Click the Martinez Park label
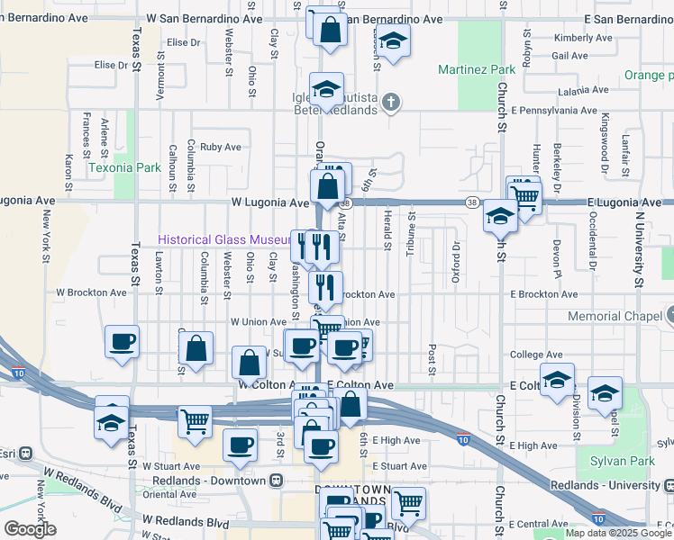tap(476, 69)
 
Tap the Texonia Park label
tap(124, 167)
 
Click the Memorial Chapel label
tap(615, 317)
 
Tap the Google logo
tap(30, 529)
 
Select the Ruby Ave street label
tap(221, 147)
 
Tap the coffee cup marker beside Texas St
tap(122, 342)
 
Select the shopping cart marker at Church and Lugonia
tap(524, 194)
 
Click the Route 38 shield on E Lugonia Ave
tap(473, 202)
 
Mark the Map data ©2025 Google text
tap(619, 533)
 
